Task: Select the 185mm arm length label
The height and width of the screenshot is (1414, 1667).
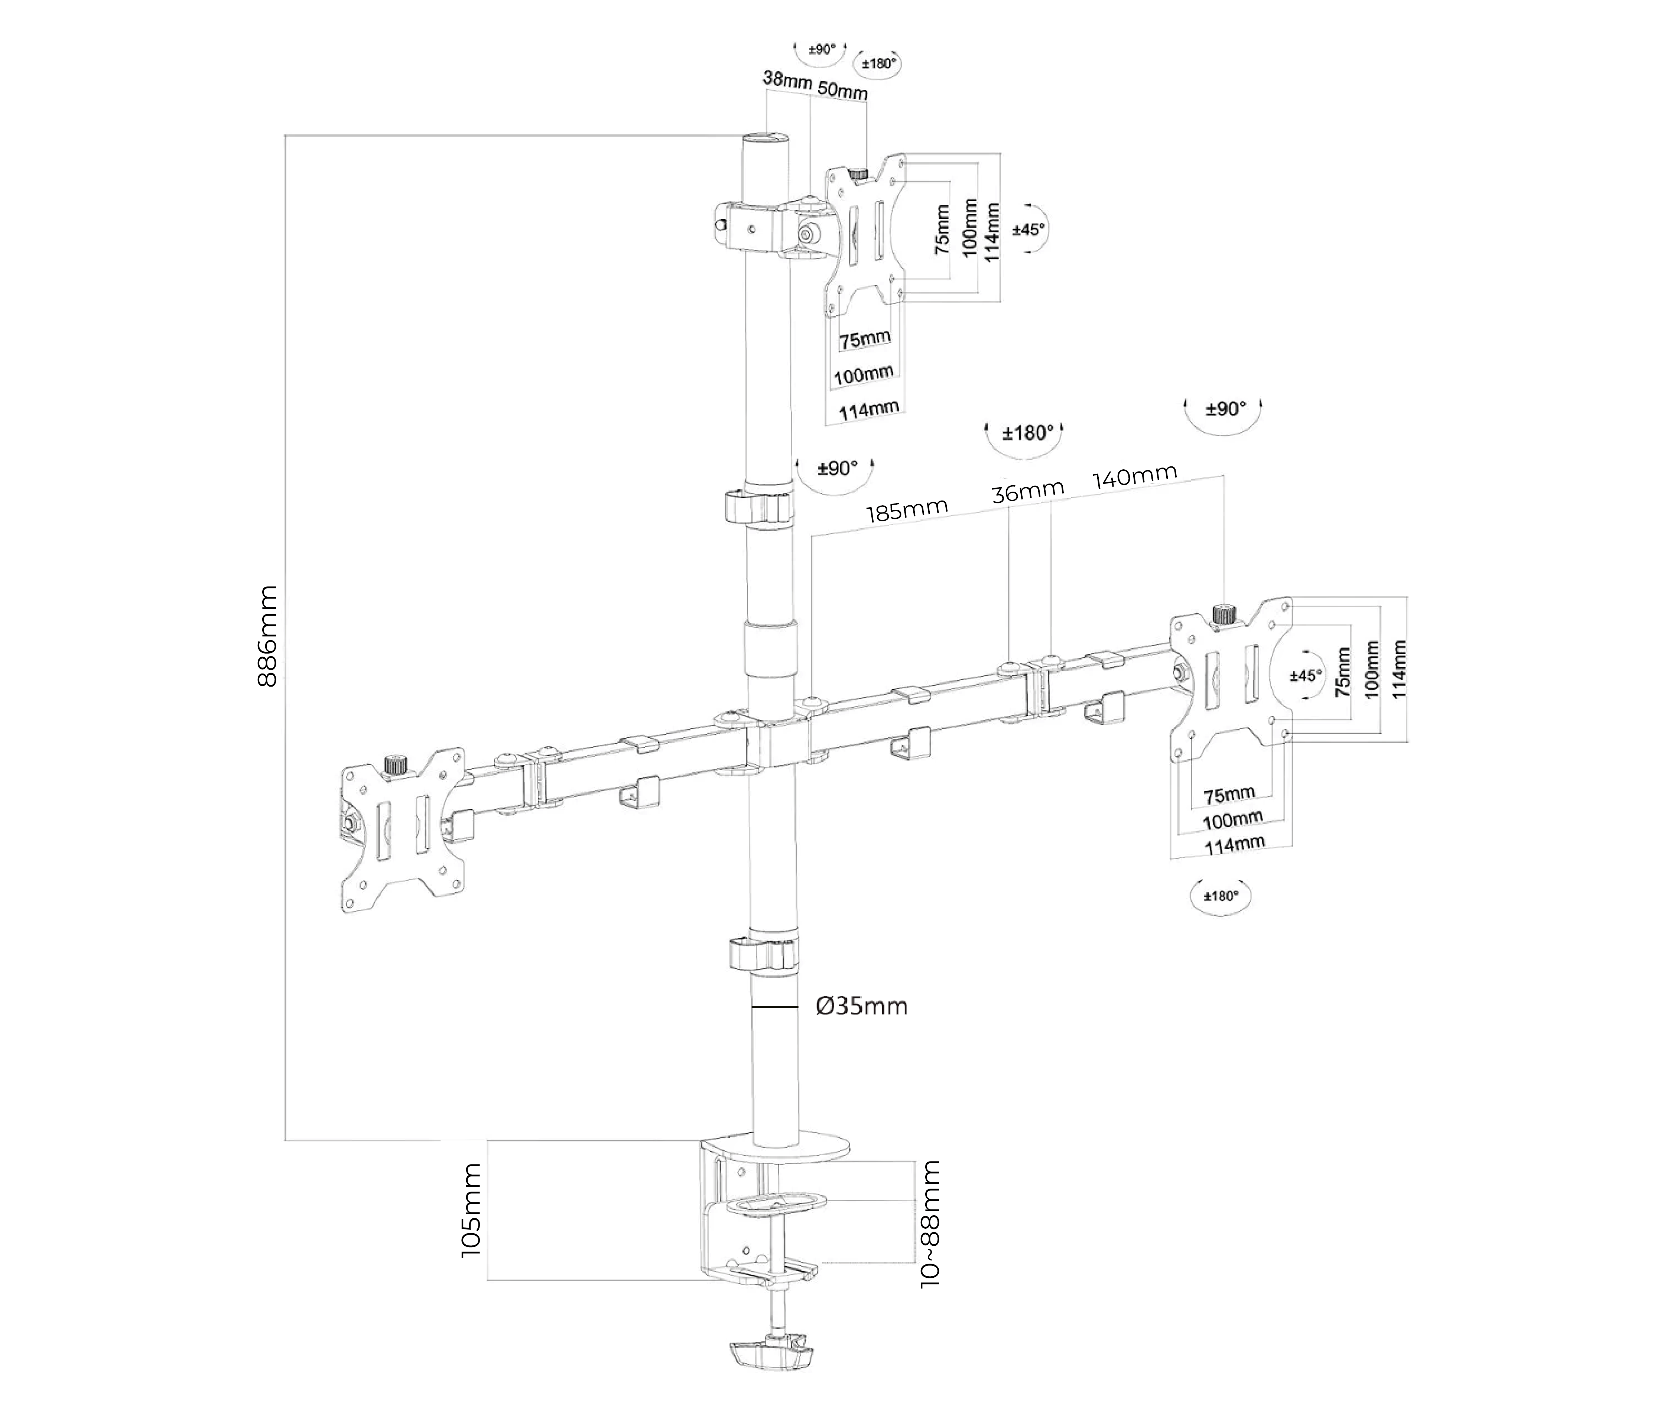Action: tap(906, 510)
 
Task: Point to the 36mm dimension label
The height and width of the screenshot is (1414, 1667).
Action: tap(1027, 491)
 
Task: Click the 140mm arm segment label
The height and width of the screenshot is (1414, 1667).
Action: tap(1135, 476)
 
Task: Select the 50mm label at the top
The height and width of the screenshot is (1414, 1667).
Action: tap(842, 90)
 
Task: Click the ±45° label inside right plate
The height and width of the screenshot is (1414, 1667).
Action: tap(1305, 676)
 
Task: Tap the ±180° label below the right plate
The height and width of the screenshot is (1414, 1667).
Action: tap(1221, 896)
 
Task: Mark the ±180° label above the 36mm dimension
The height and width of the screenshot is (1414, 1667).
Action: tap(1027, 434)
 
